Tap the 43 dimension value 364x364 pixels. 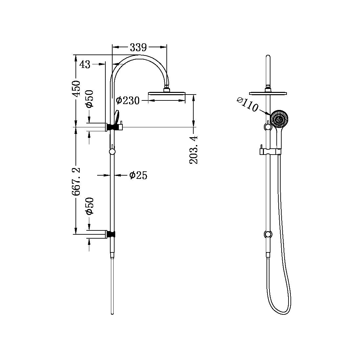pyautogui.click(x=85, y=64)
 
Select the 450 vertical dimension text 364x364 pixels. pyautogui.click(x=76, y=88)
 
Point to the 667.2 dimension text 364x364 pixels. pyautogui.click(x=76, y=182)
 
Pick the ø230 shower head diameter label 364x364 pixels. pyautogui.click(x=128, y=100)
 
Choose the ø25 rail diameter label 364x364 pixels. pyautogui.click(x=138, y=175)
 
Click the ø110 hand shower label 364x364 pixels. pyautogui.click(x=247, y=104)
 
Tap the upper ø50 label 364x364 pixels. pyautogui.click(x=90, y=99)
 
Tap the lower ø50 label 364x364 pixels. pyautogui.click(x=90, y=206)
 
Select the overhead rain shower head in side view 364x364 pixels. pyautogui.click(x=167, y=94)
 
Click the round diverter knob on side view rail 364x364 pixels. pyautogui.click(x=112, y=152)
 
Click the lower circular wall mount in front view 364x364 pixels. pyautogui.click(x=268, y=234)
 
